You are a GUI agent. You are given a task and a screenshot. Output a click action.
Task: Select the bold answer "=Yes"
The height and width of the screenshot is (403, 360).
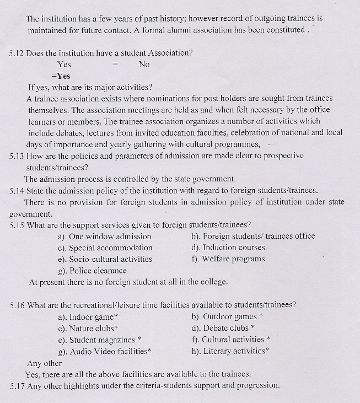click(x=61, y=76)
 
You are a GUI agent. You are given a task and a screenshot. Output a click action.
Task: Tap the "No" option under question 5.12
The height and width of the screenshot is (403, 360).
click(x=144, y=65)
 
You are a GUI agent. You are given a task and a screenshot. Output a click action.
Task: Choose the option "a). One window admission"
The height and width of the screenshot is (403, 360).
click(x=104, y=237)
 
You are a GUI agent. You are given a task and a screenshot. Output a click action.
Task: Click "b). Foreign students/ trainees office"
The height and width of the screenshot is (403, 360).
click(x=253, y=236)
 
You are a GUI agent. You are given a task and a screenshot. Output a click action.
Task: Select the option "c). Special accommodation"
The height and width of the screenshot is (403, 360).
click(x=105, y=248)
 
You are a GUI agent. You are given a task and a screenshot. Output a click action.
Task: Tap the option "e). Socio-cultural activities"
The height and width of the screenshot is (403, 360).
click(x=105, y=259)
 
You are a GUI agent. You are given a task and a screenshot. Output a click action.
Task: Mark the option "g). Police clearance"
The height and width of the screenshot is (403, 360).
click(x=92, y=271)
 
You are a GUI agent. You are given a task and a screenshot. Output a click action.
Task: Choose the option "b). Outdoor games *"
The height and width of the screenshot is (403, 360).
click(x=227, y=316)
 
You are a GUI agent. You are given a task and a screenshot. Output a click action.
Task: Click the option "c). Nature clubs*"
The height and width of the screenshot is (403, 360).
click(x=88, y=329)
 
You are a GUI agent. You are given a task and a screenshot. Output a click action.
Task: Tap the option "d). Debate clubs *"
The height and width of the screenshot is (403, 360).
click(x=222, y=328)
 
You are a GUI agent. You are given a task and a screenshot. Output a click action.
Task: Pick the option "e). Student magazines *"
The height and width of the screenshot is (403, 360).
click(x=99, y=340)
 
